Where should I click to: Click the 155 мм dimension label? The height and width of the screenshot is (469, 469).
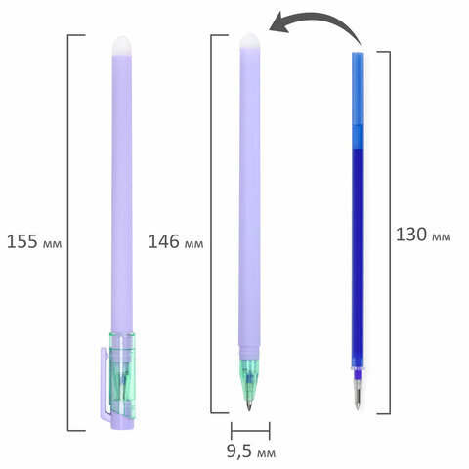(x=34, y=241)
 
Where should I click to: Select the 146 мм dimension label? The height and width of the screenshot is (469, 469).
(x=176, y=241)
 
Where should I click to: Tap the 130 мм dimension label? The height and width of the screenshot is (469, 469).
(x=423, y=234)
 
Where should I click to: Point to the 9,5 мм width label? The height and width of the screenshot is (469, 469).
(x=251, y=451)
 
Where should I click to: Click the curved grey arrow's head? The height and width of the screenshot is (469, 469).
(x=279, y=23)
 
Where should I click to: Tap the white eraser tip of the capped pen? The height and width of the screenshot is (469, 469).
(x=122, y=46)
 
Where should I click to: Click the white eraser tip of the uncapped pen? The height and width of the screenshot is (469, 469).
(x=250, y=41)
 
